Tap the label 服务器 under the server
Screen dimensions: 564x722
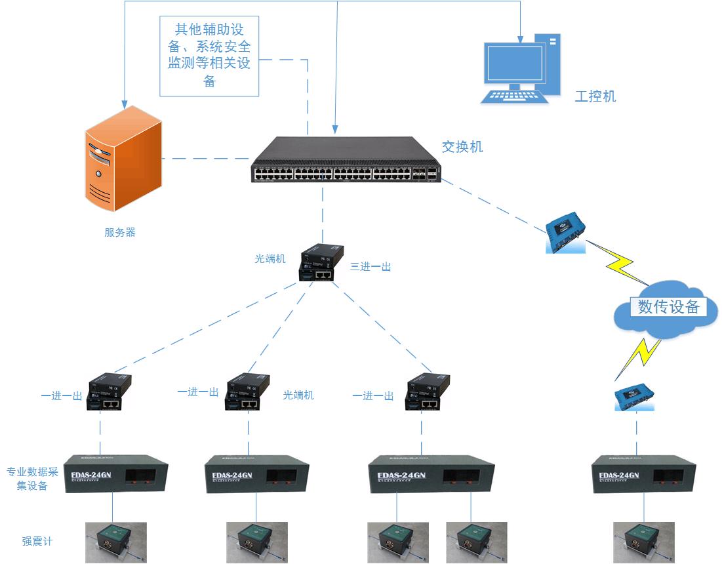point(120,232)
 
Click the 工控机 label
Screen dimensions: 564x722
point(595,96)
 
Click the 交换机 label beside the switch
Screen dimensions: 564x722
point(462,147)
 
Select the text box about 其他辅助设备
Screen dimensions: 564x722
point(209,56)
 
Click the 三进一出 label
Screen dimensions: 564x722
point(371,267)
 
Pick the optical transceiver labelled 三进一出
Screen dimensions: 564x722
point(321,263)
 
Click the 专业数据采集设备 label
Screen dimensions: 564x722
point(28,479)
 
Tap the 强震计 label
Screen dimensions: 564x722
point(37,541)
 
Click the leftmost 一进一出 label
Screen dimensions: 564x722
point(61,396)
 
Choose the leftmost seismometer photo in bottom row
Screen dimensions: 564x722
point(116,542)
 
